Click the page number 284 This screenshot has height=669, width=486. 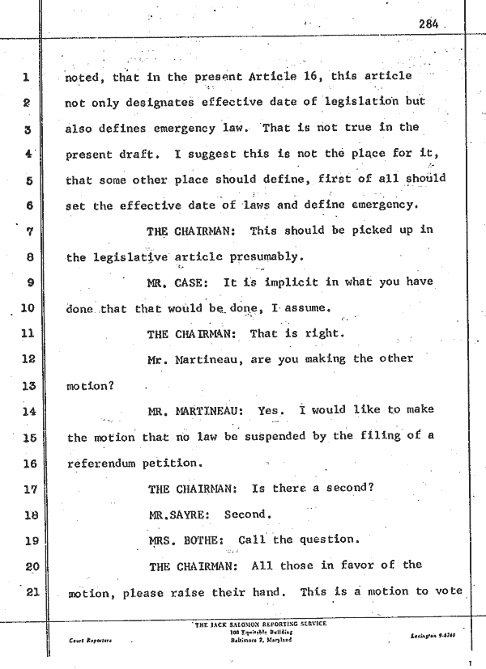[428, 24]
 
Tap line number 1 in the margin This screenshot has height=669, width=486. [26, 78]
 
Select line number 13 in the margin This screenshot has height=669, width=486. [28, 386]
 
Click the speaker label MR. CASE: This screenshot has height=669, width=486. [177, 283]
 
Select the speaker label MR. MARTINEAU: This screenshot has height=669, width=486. [196, 412]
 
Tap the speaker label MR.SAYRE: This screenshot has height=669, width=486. [179, 515]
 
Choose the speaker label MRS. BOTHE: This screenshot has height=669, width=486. [186, 541]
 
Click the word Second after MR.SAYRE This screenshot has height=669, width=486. [248, 515]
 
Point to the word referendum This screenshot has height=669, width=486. [101, 464]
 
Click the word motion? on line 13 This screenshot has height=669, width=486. [90, 387]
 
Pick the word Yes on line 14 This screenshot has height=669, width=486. [271, 411]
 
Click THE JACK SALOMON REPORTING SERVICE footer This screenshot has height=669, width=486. [261, 625]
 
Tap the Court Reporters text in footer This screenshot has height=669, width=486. [90, 641]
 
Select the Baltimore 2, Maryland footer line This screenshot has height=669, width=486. [262, 641]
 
